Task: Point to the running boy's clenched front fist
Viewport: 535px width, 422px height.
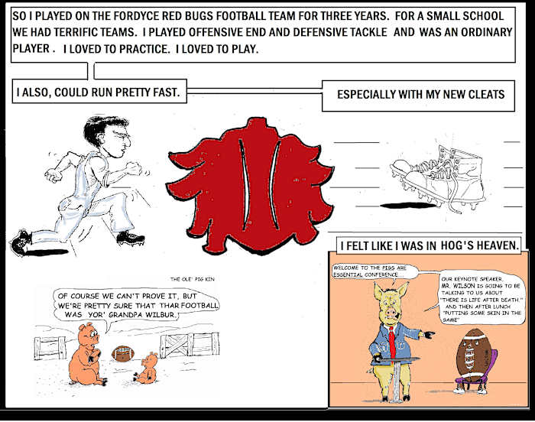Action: coord(134,169)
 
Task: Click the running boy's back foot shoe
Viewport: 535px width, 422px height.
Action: coord(21,245)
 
